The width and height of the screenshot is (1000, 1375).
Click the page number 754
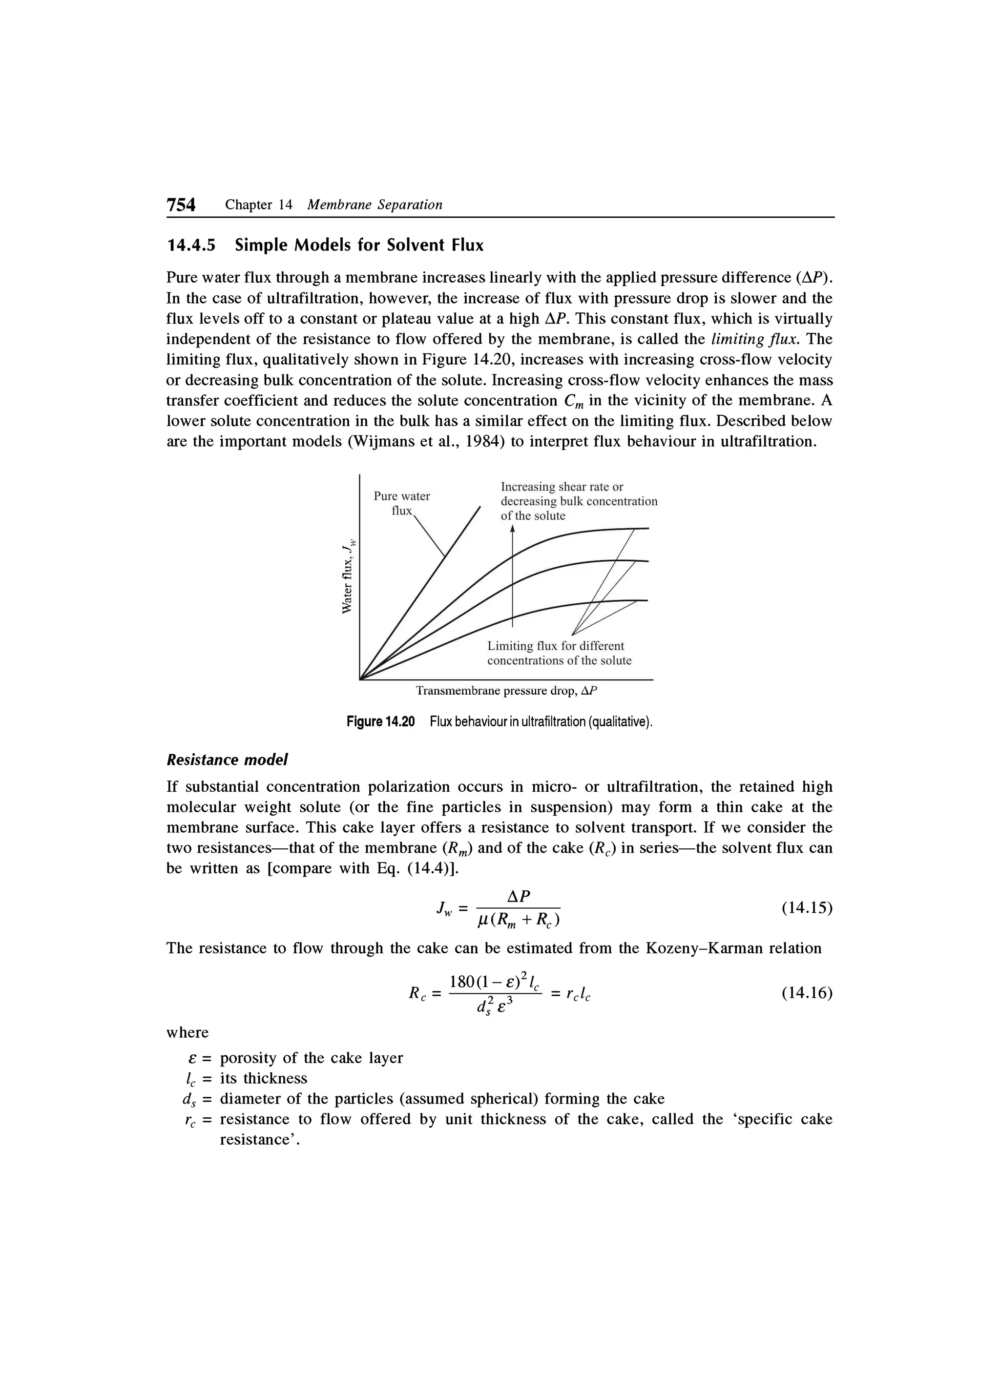181,205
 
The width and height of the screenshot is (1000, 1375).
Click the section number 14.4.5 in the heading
191,246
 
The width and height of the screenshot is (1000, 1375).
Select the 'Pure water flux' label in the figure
401,503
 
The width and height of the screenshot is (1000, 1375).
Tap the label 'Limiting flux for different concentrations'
559,653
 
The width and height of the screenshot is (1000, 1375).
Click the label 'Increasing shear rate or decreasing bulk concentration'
578,501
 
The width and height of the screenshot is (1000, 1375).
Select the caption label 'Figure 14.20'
380,722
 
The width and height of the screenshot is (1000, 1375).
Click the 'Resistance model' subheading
227,759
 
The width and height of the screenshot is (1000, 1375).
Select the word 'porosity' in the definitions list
248,1058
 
